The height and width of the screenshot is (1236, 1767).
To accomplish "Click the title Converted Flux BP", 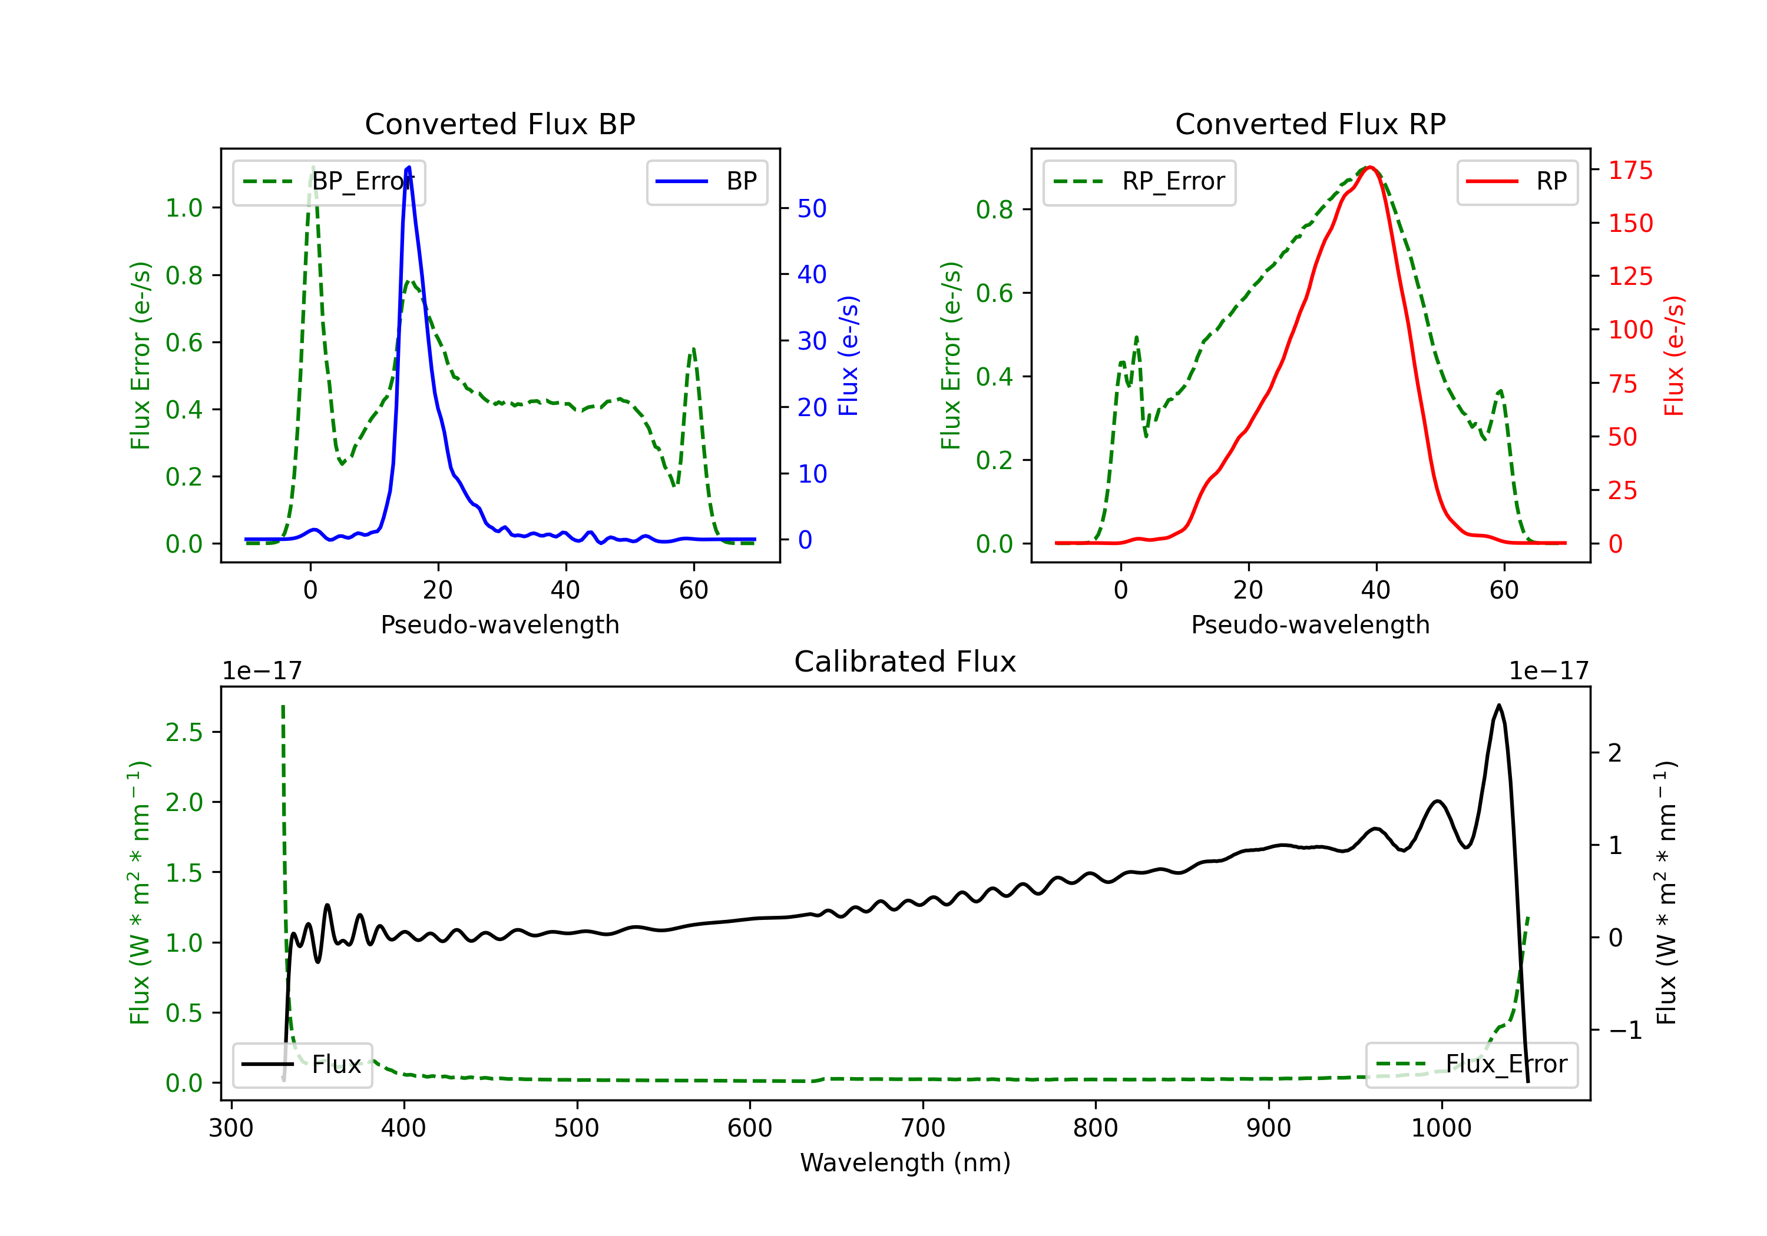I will pos(499,124).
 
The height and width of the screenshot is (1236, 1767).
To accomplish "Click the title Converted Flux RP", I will pos(1310,124).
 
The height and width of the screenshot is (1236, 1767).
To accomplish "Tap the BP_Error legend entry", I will pos(329,181).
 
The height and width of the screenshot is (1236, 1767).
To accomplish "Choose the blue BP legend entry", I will pos(706,181).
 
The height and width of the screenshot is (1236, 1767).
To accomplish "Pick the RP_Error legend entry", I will pos(1139,181).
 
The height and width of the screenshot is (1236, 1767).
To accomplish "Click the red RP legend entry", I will pos(1517,181).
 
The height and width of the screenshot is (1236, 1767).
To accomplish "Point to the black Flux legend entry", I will pos(303,1065).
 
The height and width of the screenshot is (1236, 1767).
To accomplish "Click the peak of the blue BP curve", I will pos(408,167).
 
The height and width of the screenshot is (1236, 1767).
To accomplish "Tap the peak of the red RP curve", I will pos(1370,167).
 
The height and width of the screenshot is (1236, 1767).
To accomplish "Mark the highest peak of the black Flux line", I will pos(1498,705).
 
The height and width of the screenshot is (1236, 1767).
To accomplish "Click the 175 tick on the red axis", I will pos(1630,170).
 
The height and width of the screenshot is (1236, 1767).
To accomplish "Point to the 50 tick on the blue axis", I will pos(812,208).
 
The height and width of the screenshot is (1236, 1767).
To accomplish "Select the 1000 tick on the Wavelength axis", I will pos(1441,1128).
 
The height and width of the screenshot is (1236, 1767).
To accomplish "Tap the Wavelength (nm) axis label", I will pos(905,1162).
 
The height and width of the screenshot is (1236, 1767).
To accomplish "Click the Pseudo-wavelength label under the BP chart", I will pos(499,624).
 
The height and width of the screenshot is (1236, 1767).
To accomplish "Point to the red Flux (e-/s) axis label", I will pos(1673,355).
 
